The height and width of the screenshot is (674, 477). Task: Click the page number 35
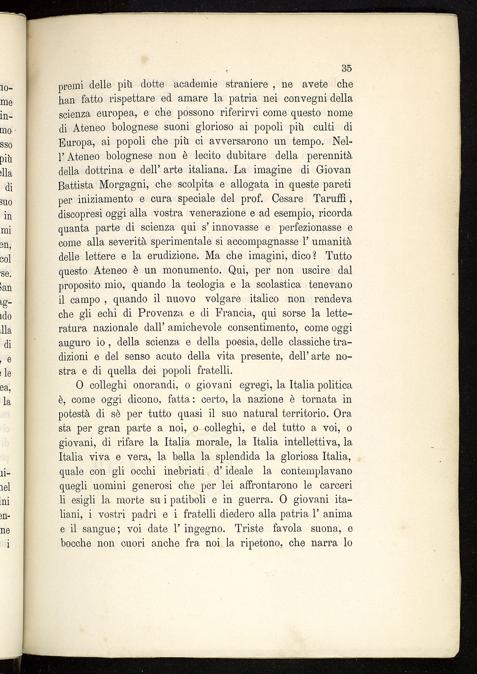click(x=346, y=69)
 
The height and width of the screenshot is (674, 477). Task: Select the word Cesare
click(x=282, y=199)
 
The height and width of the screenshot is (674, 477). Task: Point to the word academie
click(x=195, y=84)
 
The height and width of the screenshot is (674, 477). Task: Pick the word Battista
click(x=76, y=185)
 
